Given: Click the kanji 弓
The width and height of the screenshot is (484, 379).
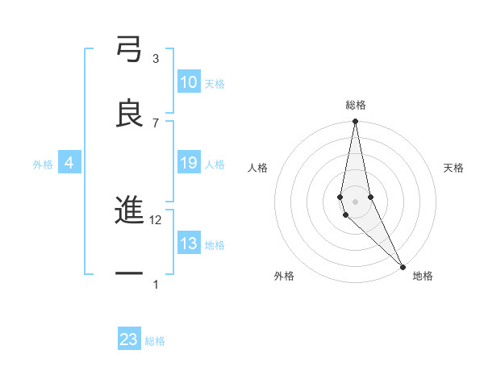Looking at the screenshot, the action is pos(129,51).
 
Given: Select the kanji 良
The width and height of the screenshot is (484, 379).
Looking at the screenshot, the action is pos(129,115).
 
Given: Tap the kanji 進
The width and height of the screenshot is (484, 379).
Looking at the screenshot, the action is pos(129,211).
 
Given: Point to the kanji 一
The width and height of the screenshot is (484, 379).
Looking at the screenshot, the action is pos(129,275).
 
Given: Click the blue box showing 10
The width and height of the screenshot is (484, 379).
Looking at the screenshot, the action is pos(189,82).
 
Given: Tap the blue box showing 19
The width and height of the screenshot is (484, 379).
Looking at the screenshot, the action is pos(189,163).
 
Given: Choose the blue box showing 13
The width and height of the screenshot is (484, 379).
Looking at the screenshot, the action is pos(189,244).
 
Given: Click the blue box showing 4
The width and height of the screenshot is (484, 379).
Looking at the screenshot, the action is pos(69,163).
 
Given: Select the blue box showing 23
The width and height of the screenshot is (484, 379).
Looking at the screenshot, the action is pos(129,339).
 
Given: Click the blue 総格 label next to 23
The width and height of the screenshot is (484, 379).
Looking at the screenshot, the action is pos(155,341).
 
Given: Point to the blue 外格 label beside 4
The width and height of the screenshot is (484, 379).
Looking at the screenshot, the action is pos(43,165).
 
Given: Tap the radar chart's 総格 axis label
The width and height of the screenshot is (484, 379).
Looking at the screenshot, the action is pos(356,105).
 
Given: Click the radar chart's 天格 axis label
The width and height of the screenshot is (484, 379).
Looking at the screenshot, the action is pos(453,168).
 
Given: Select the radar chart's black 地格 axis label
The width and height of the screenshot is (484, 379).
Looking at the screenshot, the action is pos(423,277).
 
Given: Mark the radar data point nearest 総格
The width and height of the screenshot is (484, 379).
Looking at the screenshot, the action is pos(355,122).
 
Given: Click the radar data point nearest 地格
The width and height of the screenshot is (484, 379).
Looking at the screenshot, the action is pos(402,265).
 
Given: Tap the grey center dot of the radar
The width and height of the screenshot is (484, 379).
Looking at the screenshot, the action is pos(355,201).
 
